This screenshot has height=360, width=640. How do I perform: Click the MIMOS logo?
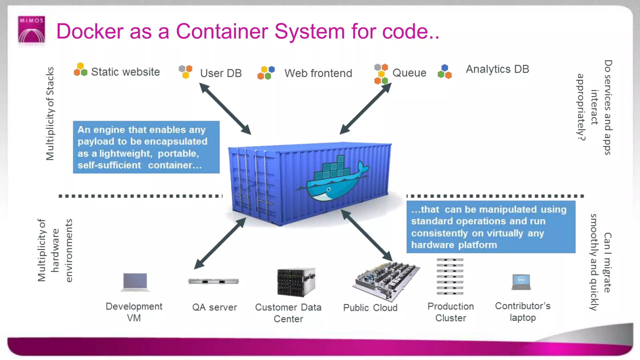(31, 30)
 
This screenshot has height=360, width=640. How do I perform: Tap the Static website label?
(125, 72)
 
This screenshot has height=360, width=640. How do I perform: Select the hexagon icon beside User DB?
(185, 71)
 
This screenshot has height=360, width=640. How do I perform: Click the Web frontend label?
(318, 73)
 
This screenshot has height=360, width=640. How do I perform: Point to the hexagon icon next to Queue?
(381, 74)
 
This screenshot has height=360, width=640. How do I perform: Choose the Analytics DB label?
(497, 69)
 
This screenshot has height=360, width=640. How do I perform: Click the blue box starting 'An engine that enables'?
(146, 147)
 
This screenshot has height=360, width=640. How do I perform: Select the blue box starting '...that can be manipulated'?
(491, 227)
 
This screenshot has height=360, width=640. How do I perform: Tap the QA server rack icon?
(214, 281)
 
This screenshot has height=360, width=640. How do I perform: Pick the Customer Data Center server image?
(296, 282)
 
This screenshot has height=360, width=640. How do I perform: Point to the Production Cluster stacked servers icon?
(450, 277)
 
